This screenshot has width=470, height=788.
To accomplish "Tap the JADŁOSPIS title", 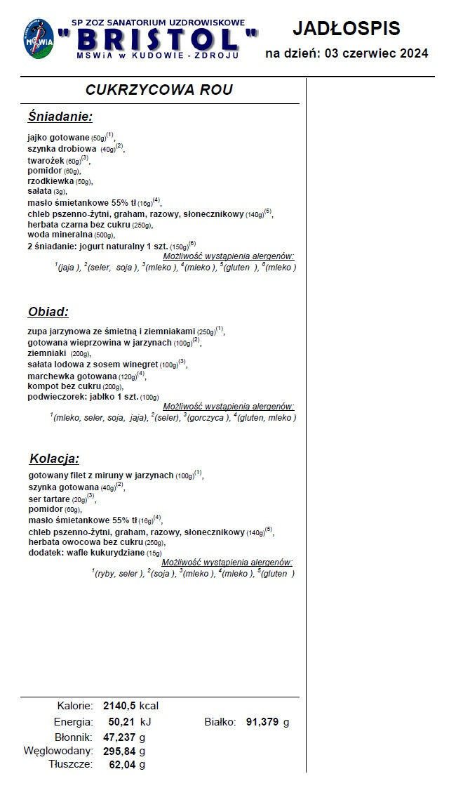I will (346, 28).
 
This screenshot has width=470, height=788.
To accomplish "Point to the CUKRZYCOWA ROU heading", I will (159, 90).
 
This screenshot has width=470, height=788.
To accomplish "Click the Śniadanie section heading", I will (60, 117).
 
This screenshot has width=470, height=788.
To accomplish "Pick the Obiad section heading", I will (48, 312).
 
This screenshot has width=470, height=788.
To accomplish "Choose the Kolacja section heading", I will (54, 459).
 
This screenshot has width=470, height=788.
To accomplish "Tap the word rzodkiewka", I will (50, 181).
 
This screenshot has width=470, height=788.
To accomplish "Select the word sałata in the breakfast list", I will (39, 191).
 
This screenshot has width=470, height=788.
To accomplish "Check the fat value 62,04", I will (122, 765).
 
